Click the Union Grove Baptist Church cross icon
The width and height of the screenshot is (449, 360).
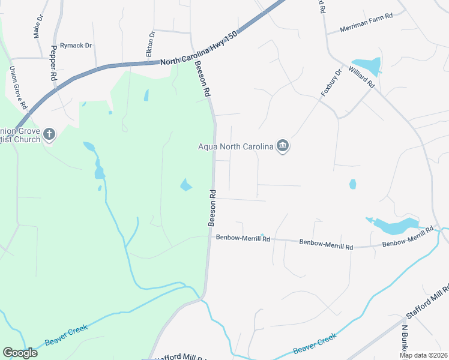pos(49,134)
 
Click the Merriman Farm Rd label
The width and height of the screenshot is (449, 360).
pos(366,29)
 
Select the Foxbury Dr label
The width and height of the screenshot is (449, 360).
pos(331,82)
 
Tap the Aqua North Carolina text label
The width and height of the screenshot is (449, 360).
pos(235,146)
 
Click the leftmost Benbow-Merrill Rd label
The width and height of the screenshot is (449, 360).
pos(243,238)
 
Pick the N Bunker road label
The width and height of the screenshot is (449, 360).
pos(405,339)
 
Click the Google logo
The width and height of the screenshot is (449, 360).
pos(20,352)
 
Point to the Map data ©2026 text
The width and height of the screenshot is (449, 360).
pos(423,355)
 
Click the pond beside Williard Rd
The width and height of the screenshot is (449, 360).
pos(366,64)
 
